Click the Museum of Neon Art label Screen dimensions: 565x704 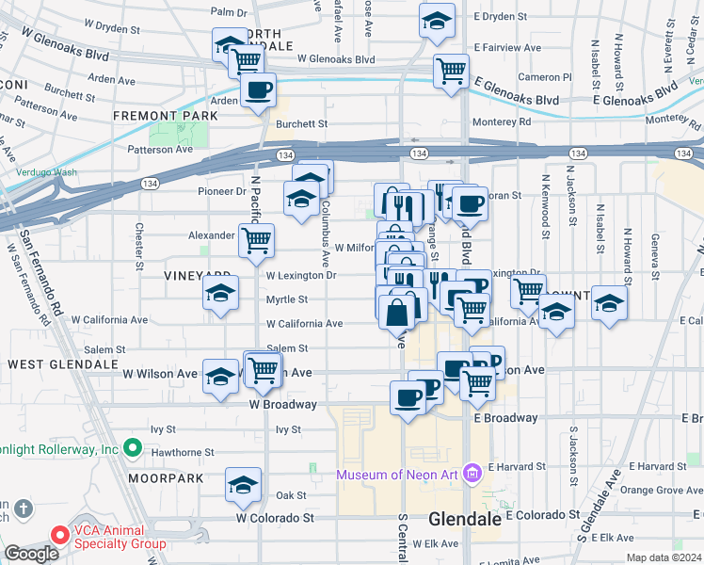(397, 474)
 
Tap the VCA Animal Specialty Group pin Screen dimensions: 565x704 (60, 536)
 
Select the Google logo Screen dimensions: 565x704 (30, 554)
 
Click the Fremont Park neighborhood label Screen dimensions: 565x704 (166, 116)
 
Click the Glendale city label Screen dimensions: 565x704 (463, 519)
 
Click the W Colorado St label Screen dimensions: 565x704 (274, 518)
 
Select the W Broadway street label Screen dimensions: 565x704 (282, 405)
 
